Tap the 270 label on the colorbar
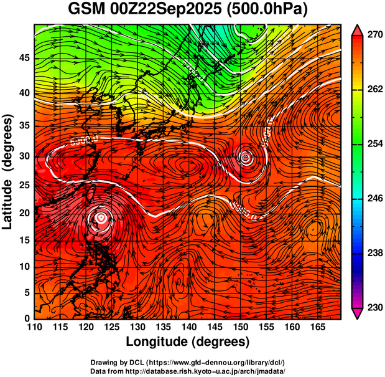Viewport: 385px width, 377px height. [373, 36]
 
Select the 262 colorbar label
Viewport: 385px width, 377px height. [373, 90]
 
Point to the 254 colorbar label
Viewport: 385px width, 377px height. [373, 144]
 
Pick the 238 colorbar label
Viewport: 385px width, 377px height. [373, 253]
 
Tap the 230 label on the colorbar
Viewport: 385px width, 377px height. [373, 307]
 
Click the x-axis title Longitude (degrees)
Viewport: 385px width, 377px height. [188, 341]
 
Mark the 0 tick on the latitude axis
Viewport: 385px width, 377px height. [26, 318]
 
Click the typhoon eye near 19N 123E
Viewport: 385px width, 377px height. [101, 217]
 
